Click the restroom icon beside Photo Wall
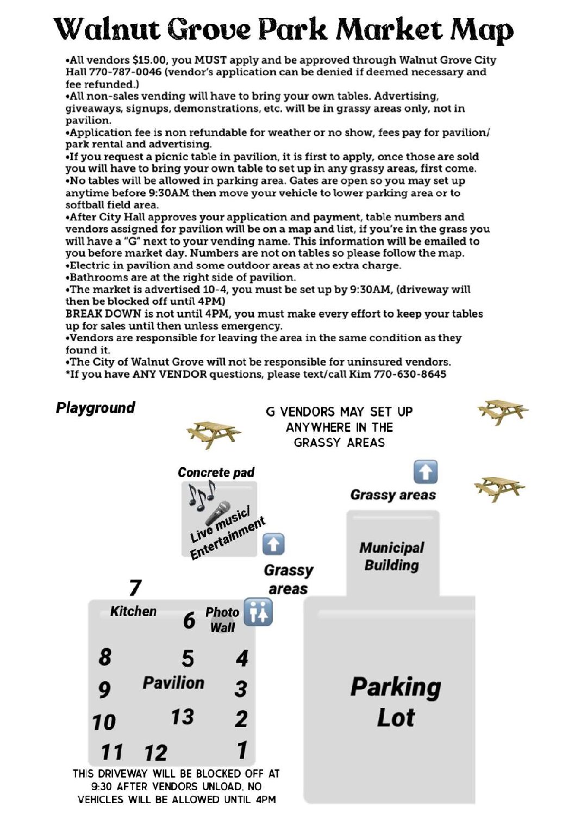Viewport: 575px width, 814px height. pyautogui.click(x=258, y=612)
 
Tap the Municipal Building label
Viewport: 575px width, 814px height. pyautogui.click(x=391, y=556)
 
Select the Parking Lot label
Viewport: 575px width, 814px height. pyautogui.click(x=396, y=702)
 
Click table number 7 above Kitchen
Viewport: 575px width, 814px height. pyautogui.click(x=135, y=587)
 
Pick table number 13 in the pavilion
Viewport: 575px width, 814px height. pyautogui.click(x=182, y=717)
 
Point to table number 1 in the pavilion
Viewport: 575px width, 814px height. pyautogui.click(x=242, y=750)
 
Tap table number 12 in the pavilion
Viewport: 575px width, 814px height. pyautogui.click(x=155, y=753)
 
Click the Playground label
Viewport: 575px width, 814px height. pyautogui.click(x=96, y=408)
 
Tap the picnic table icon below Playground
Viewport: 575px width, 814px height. pyautogui.click(x=213, y=433)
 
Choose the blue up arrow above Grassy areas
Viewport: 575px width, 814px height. pyautogui.click(x=425, y=471)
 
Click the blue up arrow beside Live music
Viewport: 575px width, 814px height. pyautogui.click(x=273, y=544)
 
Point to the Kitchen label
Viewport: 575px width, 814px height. pyautogui.click(x=133, y=611)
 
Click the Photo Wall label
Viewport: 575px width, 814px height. pyautogui.click(x=222, y=619)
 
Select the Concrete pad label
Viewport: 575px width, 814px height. pyautogui.click(x=216, y=473)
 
